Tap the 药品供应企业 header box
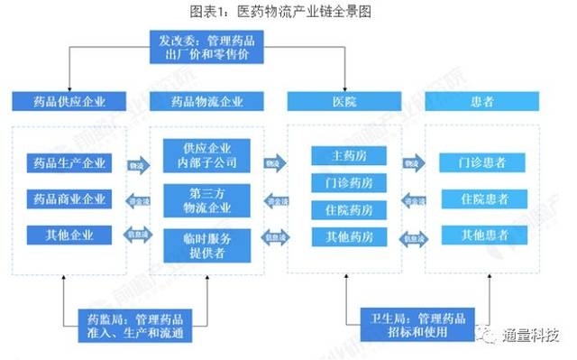click(69, 101)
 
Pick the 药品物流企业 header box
click(206, 101)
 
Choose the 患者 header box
click(481, 101)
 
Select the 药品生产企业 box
click(69, 163)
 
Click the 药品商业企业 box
click(69, 198)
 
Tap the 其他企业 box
click(69, 235)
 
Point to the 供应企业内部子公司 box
click(206, 155)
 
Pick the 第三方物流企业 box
click(206, 200)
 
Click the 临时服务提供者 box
click(206, 246)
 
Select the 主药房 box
click(348, 154)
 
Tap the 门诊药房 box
click(348, 182)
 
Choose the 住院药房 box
click(348, 210)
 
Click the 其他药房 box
click(348, 238)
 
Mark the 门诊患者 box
click(481, 163)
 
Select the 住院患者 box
click(481, 198)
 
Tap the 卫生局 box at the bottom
click(417, 324)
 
